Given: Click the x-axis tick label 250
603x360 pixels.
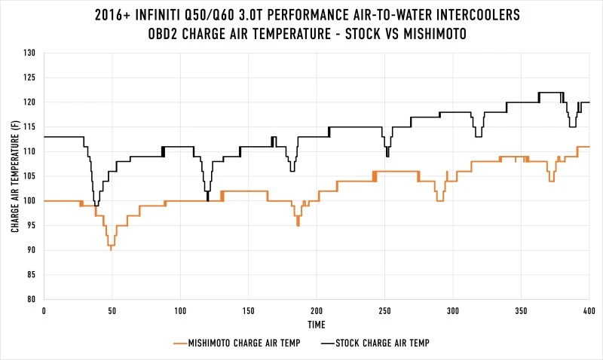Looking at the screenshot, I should click(384, 310).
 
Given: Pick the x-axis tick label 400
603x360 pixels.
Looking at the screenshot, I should click(589, 310).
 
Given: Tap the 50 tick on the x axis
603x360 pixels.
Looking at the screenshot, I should click(112, 310).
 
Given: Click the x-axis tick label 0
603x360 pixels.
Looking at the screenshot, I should click(44, 310).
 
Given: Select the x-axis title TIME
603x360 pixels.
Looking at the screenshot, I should click(317, 325).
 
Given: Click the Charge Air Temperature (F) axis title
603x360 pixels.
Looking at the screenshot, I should click(15, 176).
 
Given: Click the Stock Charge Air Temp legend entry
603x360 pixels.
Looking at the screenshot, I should click(383, 343).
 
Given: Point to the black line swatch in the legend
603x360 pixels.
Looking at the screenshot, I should click(327, 343).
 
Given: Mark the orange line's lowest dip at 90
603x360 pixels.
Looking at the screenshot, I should click(111, 249).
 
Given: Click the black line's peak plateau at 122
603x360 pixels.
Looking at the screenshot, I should click(551, 93).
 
